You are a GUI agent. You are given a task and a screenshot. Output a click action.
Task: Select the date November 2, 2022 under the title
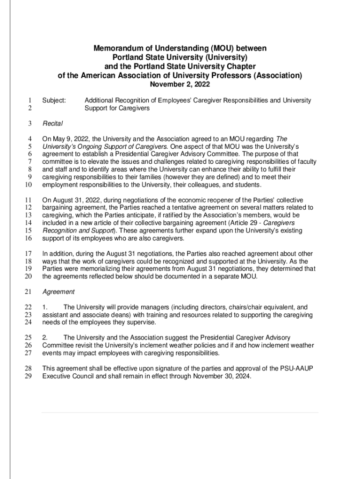180,85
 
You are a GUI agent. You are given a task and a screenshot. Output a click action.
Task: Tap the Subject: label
54,101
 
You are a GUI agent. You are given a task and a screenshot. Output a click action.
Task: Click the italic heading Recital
53,123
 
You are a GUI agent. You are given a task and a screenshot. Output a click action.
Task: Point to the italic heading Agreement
58,291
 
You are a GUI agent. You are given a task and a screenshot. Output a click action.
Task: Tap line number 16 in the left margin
29,239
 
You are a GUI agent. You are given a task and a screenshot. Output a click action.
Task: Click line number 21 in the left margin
29,291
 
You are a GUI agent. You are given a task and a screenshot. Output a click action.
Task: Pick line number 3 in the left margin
29,123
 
